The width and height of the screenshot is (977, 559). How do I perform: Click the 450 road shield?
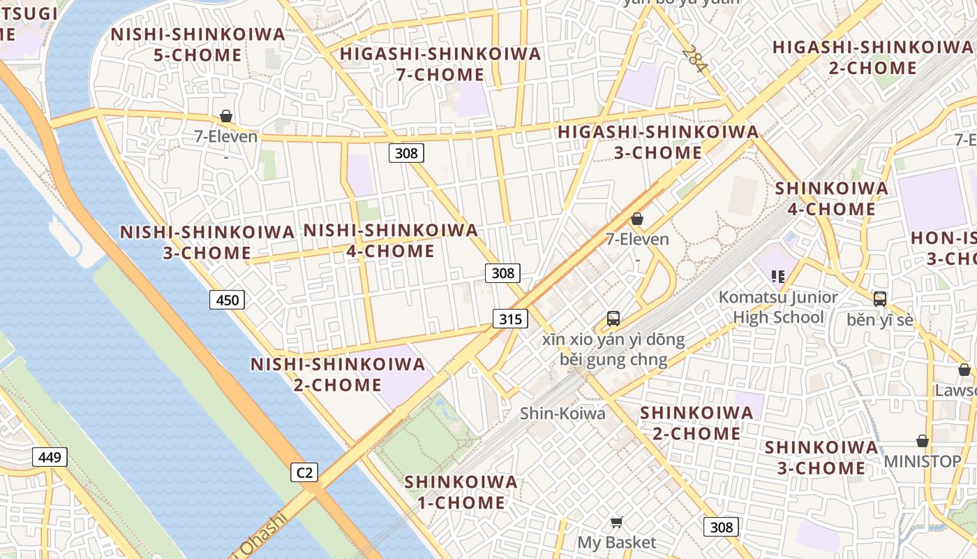[x=227, y=300]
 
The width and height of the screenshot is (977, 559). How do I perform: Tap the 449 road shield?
[x=50, y=458]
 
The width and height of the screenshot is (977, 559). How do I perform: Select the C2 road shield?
[x=304, y=472]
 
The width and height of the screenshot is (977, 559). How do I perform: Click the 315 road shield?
[x=510, y=319]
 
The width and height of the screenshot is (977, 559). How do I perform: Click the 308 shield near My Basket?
[x=721, y=527]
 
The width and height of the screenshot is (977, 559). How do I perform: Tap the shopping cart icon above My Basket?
[x=616, y=522]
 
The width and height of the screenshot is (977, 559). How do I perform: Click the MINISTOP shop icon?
[x=923, y=441]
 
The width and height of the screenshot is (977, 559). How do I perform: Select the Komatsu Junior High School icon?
[x=778, y=276]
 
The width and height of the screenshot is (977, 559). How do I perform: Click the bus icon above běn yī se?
[x=879, y=299]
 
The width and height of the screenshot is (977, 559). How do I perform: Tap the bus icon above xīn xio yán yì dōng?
[x=613, y=319]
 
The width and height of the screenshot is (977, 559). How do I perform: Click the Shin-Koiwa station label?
[x=562, y=414]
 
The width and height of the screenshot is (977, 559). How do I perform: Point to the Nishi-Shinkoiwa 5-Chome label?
[x=198, y=44]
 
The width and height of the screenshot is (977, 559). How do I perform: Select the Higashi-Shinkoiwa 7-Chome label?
[x=440, y=64]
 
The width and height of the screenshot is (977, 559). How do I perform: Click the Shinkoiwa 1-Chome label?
[x=461, y=492]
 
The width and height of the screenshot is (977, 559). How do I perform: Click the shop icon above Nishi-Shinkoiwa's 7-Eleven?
[x=225, y=116]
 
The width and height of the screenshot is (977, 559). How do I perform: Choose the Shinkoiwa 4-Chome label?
[x=832, y=198]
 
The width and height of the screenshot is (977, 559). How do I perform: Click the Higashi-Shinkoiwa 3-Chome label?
[x=658, y=142]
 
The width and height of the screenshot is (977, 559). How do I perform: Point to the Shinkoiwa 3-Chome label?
[x=821, y=457]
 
